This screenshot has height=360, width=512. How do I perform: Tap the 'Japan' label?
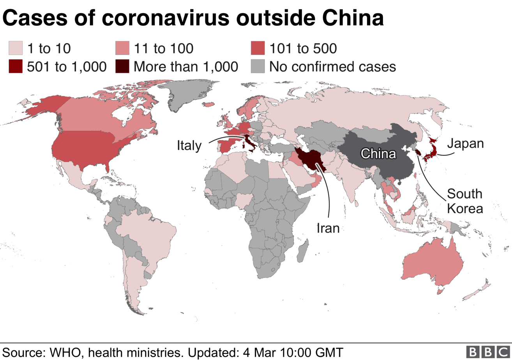[465, 143]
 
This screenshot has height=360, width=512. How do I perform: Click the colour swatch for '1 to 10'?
[15, 48]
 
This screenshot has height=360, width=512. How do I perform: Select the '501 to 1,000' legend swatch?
[15, 67]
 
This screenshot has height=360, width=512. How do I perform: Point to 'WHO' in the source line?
[63, 352]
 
